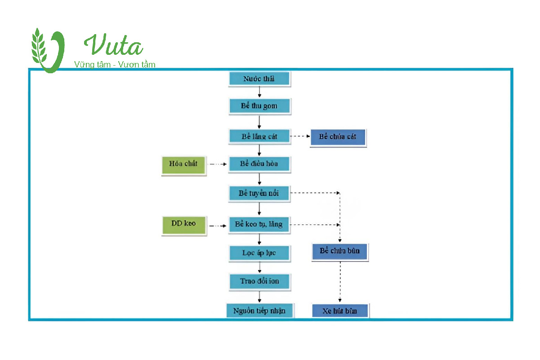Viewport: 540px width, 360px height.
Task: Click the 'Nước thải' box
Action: (x=259, y=79)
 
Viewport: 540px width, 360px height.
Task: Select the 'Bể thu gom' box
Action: (x=259, y=107)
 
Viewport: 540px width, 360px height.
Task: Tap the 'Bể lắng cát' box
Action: (x=259, y=136)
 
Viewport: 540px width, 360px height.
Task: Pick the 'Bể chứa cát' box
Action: (x=338, y=137)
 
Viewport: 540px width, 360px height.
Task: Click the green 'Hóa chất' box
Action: (x=183, y=164)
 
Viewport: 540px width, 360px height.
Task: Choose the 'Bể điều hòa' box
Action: (x=259, y=164)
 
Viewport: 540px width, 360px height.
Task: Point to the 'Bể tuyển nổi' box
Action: (x=259, y=193)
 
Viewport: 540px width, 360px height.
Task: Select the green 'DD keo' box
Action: (x=184, y=224)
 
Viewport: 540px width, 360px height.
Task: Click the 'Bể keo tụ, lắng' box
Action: (x=259, y=224)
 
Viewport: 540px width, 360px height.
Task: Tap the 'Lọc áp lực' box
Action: (x=259, y=253)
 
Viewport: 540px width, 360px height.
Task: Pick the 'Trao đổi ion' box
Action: (x=259, y=281)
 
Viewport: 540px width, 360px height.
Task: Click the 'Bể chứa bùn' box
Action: (x=340, y=252)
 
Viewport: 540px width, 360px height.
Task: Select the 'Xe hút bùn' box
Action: (x=340, y=311)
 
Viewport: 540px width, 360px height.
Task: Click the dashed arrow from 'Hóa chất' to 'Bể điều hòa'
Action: (x=218, y=164)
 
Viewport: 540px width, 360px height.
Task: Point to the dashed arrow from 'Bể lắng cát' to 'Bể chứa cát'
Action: (x=300, y=136)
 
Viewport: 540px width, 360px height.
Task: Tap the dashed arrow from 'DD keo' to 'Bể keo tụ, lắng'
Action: (x=218, y=226)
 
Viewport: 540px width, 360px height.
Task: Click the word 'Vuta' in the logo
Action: (x=114, y=46)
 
